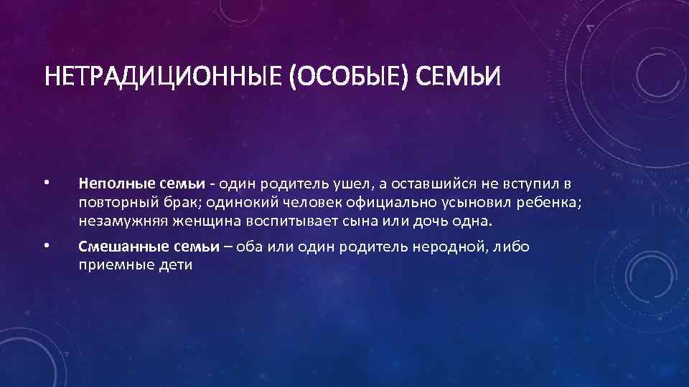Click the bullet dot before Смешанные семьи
coord(44,246)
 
